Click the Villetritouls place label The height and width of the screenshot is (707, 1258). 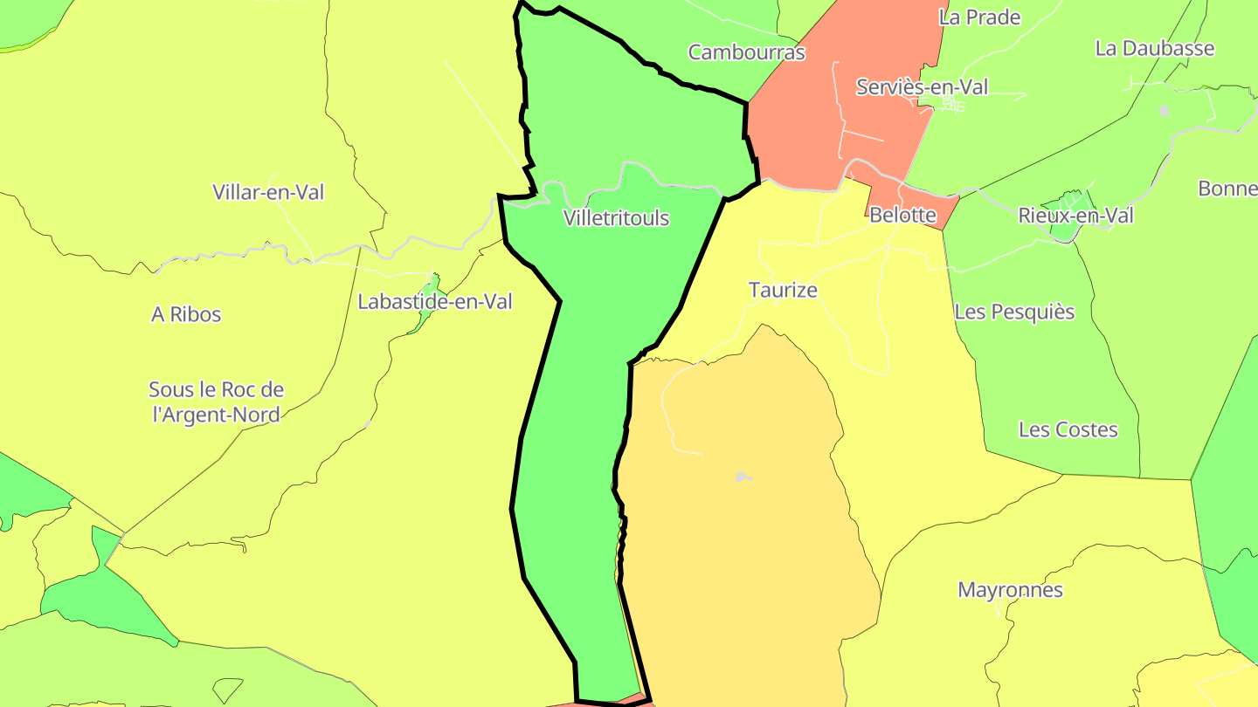[x=616, y=218]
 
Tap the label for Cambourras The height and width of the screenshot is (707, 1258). [x=746, y=52]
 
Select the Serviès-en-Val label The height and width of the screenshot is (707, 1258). [x=922, y=87]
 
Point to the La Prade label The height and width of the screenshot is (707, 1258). [x=979, y=17]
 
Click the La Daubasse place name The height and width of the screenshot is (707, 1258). [x=1154, y=48]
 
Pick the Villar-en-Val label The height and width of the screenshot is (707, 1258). [x=268, y=192]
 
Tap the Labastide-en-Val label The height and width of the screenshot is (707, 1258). [x=435, y=302]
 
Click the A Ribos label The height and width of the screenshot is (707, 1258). [x=186, y=314]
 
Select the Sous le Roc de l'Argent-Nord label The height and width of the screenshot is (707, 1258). [x=216, y=402]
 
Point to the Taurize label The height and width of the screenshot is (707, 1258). [x=783, y=290]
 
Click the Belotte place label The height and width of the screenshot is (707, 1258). [x=902, y=215]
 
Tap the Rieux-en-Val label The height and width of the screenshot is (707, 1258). [x=1075, y=215]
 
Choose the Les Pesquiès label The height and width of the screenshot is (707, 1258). [x=1013, y=312]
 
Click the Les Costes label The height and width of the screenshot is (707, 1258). [x=1068, y=429]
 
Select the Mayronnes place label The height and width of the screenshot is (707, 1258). [x=1010, y=590]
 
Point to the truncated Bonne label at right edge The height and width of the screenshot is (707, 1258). [x=1227, y=189]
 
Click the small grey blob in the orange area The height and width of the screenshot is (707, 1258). [x=742, y=477]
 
